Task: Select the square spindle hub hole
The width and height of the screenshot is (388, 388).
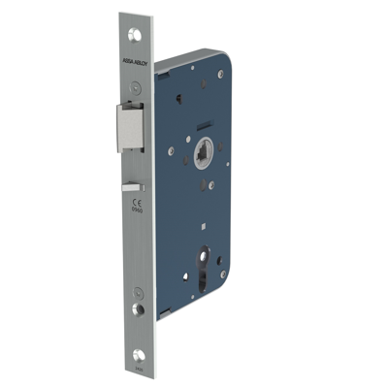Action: (204, 154)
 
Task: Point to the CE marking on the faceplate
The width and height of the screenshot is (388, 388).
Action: (137, 201)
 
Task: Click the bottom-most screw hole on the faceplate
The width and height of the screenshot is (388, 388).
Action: (137, 355)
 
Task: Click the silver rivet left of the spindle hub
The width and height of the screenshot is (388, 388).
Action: (171, 151)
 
